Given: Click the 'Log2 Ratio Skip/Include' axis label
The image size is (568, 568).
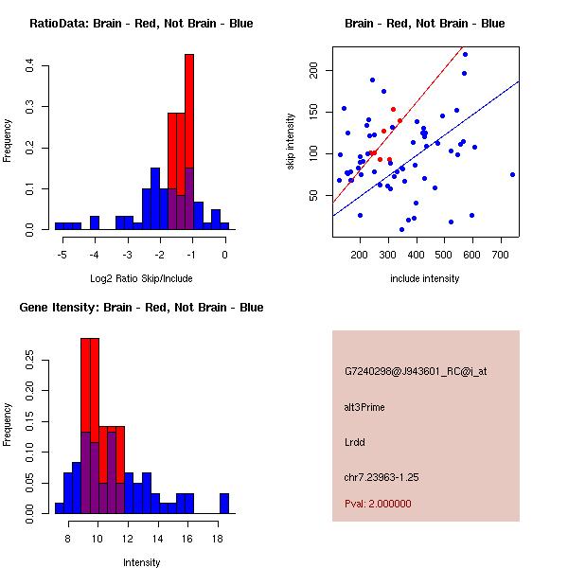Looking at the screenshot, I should pyautogui.click(x=140, y=278).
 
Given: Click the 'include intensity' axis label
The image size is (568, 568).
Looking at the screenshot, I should pyautogui.click(x=425, y=278).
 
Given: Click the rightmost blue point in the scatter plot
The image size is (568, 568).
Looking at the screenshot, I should pyautogui.click(x=512, y=174).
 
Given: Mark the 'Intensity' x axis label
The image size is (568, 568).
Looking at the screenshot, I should pyautogui.click(x=142, y=562).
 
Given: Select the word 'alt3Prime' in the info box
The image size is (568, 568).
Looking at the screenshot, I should pyautogui.click(x=364, y=407).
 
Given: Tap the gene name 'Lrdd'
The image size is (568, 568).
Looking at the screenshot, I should pyautogui.click(x=355, y=441).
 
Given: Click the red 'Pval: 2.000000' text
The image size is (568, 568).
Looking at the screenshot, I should pyautogui.click(x=378, y=504).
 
